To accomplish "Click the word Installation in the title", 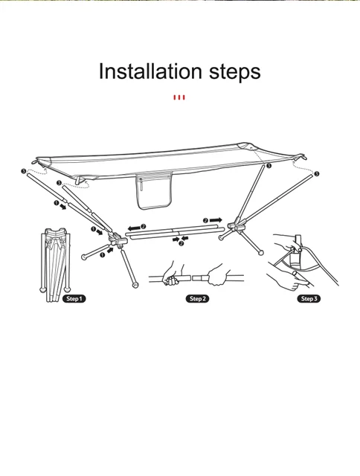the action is click(150, 71).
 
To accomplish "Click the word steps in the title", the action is click(235, 73).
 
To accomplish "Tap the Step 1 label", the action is click(74, 299).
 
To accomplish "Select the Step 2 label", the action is click(198, 299).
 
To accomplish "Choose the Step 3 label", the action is click(309, 299).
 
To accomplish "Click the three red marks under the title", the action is click(179, 97).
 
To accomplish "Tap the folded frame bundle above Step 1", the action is click(56, 265).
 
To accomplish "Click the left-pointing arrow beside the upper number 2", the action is click(134, 228).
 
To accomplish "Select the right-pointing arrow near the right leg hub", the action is click(216, 220).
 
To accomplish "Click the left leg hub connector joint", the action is click(118, 239).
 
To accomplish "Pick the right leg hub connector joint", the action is click(237, 225).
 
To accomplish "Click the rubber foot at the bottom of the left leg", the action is click(135, 285).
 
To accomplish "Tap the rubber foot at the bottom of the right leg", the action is click(260, 252).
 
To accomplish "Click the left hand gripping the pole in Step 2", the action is click(173, 274).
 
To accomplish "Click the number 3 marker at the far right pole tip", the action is click(317, 173).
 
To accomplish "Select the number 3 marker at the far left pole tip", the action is click(24, 172).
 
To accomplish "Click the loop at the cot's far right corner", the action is click(303, 157).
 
